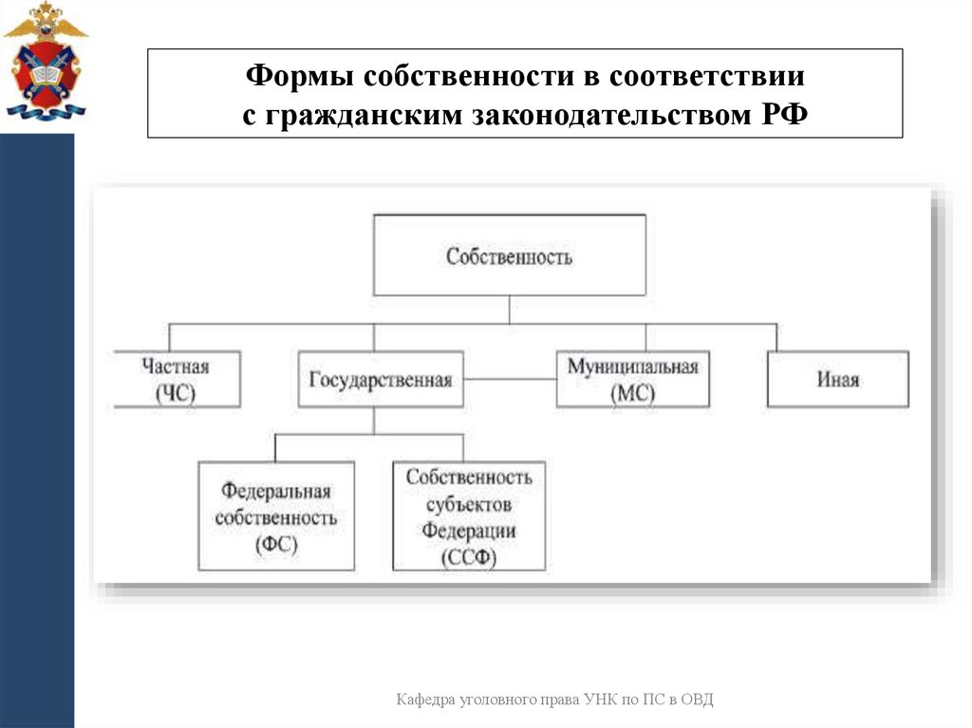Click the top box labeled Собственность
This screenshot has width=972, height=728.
click(509, 255)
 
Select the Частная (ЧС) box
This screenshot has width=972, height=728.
click(176, 380)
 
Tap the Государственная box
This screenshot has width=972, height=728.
click(381, 380)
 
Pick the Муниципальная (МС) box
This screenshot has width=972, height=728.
click(632, 380)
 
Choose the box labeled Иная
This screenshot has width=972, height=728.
click(837, 380)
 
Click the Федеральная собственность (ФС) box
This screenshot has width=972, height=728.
click(276, 516)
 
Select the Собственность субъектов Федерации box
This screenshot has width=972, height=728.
click(469, 516)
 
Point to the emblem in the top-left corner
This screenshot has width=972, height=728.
click(45, 61)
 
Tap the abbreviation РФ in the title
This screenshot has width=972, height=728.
click(781, 115)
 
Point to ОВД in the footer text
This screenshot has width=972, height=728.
click(696, 700)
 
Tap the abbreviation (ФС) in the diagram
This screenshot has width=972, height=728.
click(276, 545)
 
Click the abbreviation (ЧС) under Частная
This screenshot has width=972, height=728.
click(176, 394)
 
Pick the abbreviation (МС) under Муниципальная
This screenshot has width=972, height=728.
click(632, 394)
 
